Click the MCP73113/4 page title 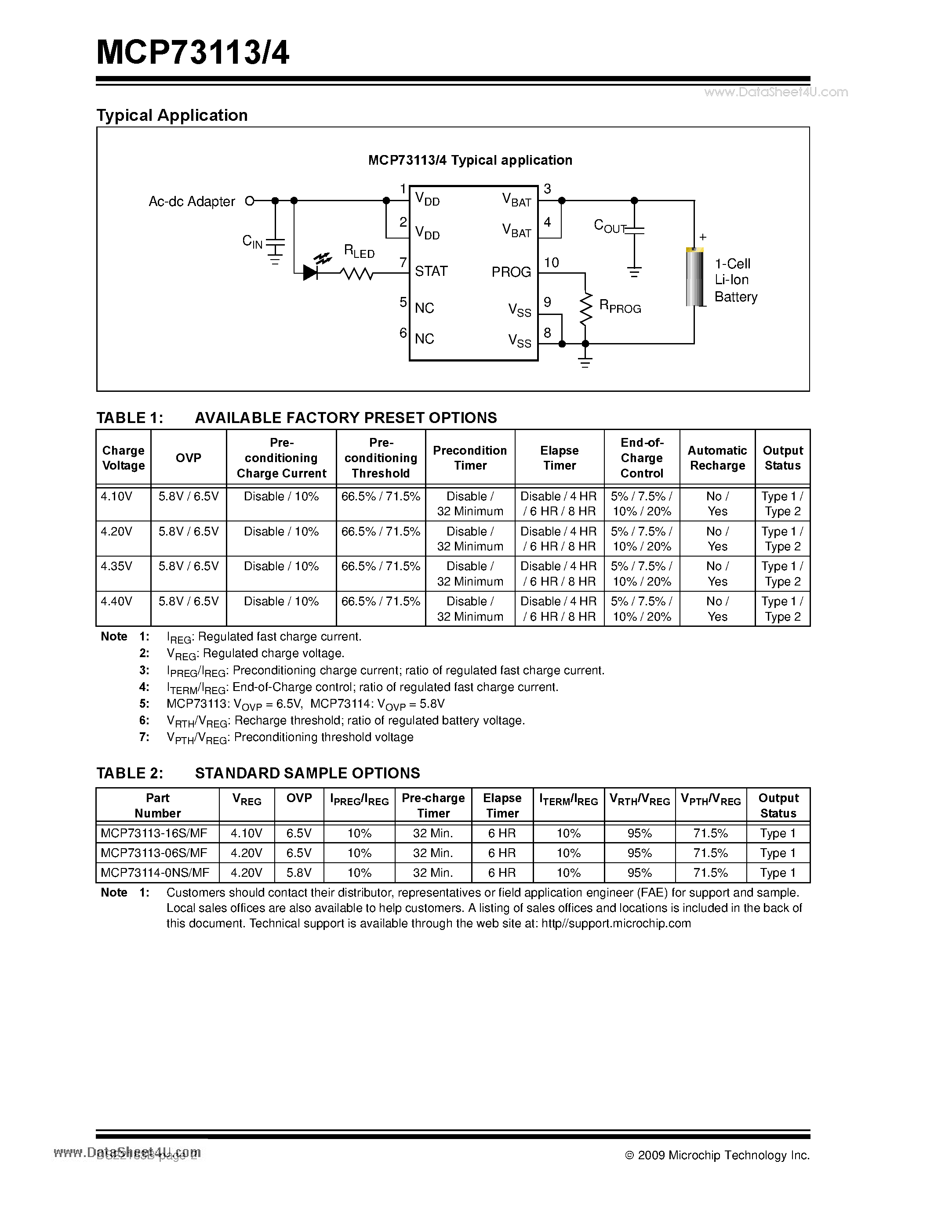(193, 54)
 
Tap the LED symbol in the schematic (311, 271)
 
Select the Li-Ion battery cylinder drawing (694, 277)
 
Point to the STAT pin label (431, 271)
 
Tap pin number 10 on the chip (551, 263)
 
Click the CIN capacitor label (252, 241)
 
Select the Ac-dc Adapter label (192, 201)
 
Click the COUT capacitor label (609, 226)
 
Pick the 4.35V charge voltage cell (117, 566)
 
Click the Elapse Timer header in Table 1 (560, 458)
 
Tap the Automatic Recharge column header (717, 458)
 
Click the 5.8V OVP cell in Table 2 (299, 873)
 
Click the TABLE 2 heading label (130, 773)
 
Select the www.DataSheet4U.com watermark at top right (776, 92)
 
